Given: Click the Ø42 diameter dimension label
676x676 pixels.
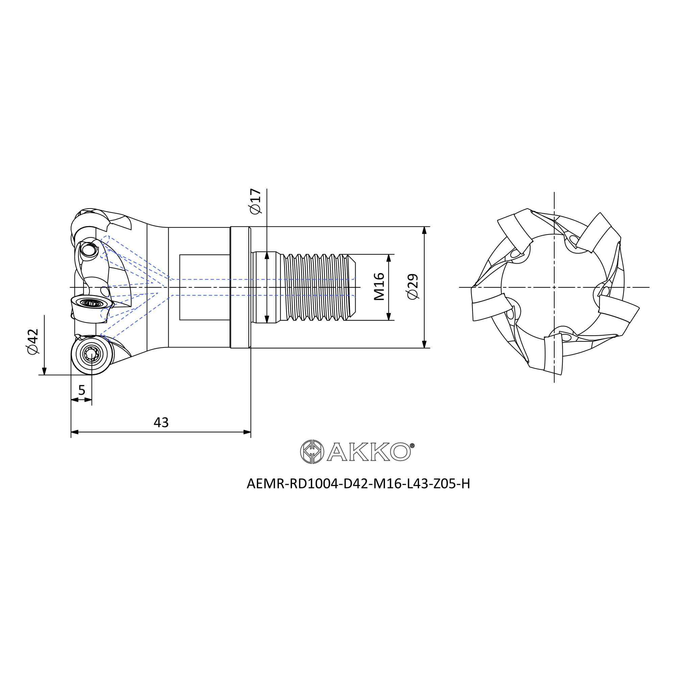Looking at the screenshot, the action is tap(32, 341).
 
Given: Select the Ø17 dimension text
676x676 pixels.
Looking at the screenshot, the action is tap(256, 201).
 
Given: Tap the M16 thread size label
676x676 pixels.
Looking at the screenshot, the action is tap(379, 287).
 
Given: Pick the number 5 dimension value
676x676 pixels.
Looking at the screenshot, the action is tap(81, 390).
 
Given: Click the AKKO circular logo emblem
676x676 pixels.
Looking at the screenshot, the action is tap(312, 452).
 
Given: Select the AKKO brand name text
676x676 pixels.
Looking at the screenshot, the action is tap(369, 452).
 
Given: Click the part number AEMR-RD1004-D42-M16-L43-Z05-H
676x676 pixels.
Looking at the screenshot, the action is tap(358, 484).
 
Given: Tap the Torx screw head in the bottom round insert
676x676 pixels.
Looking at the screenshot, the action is tap(92, 355).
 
